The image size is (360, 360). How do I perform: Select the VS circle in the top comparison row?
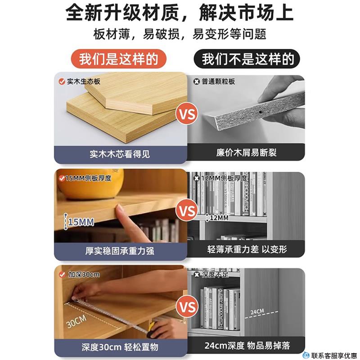tap(188, 114)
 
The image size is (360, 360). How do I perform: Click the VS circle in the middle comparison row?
tap(188, 211)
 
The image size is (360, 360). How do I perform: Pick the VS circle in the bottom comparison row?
tap(188, 307)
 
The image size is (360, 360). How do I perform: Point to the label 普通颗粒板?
tap(218, 82)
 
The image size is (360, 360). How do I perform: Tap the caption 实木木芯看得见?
tap(120, 154)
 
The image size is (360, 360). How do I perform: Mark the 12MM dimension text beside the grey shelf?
tap(219, 218)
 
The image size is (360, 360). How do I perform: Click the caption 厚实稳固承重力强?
tap(120, 251)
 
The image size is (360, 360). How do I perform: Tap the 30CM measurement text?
tap(76, 321)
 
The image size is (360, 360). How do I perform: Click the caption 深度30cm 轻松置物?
tap(120, 347)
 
